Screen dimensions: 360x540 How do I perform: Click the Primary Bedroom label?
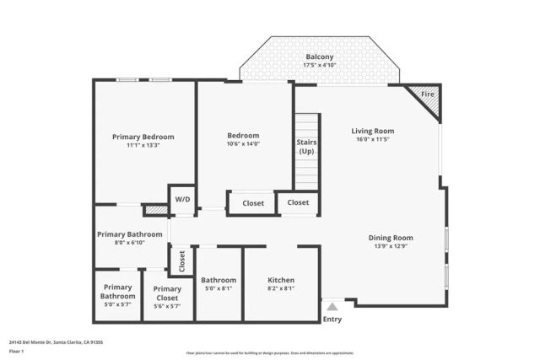click(x=143, y=137)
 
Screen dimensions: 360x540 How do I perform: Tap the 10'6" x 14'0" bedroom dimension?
click(x=243, y=144)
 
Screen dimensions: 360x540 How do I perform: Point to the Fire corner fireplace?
click(x=428, y=94)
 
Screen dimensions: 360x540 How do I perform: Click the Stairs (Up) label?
click(x=306, y=147)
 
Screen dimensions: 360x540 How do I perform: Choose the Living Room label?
click(x=372, y=131)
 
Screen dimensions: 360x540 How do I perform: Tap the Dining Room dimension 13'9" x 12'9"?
click(x=391, y=247)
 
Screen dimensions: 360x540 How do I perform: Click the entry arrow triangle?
click(x=332, y=308)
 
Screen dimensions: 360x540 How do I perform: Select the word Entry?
click(x=332, y=320)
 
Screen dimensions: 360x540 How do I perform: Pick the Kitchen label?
click(x=281, y=280)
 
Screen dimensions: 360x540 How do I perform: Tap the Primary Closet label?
click(x=167, y=293)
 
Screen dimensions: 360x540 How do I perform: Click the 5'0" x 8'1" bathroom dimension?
click(x=219, y=289)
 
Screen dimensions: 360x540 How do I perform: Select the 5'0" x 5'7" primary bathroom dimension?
click(x=117, y=305)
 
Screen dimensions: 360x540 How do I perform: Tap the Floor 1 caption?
click(x=17, y=352)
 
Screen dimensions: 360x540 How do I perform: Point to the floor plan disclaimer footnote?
click(x=270, y=352)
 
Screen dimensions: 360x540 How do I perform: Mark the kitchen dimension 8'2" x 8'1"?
click(x=281, y=289)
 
